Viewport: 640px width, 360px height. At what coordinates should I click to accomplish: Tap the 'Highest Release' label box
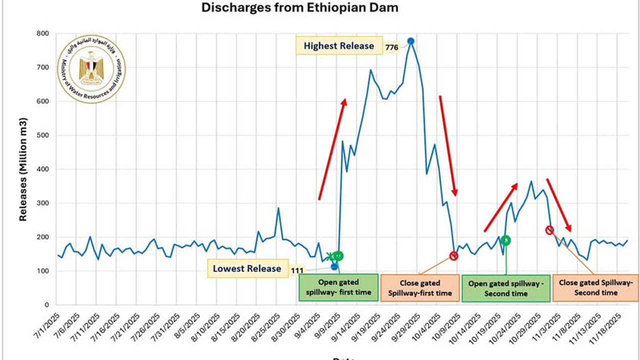(x=338, y=46)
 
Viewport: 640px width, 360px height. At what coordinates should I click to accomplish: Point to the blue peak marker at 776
(x=410, y=41)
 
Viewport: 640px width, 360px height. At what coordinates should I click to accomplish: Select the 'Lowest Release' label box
(x=246, y=268)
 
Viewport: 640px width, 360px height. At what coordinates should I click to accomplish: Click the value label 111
(x=297, y=270)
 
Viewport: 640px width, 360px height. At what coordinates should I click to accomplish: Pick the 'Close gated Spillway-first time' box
(x=419, y=287)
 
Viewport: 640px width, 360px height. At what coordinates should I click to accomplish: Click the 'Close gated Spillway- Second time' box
(x=595, y=287)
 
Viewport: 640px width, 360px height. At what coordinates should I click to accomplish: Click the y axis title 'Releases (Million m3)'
(x=23, y=169)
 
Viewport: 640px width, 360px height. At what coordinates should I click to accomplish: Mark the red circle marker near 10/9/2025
(x=453, y=256)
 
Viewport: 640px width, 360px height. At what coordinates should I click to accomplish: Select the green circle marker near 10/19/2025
(x=505, y=240)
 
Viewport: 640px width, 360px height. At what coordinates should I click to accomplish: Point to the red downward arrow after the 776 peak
(x=448, y=145)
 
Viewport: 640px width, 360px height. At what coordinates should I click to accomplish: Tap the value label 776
(x=391, y=48)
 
